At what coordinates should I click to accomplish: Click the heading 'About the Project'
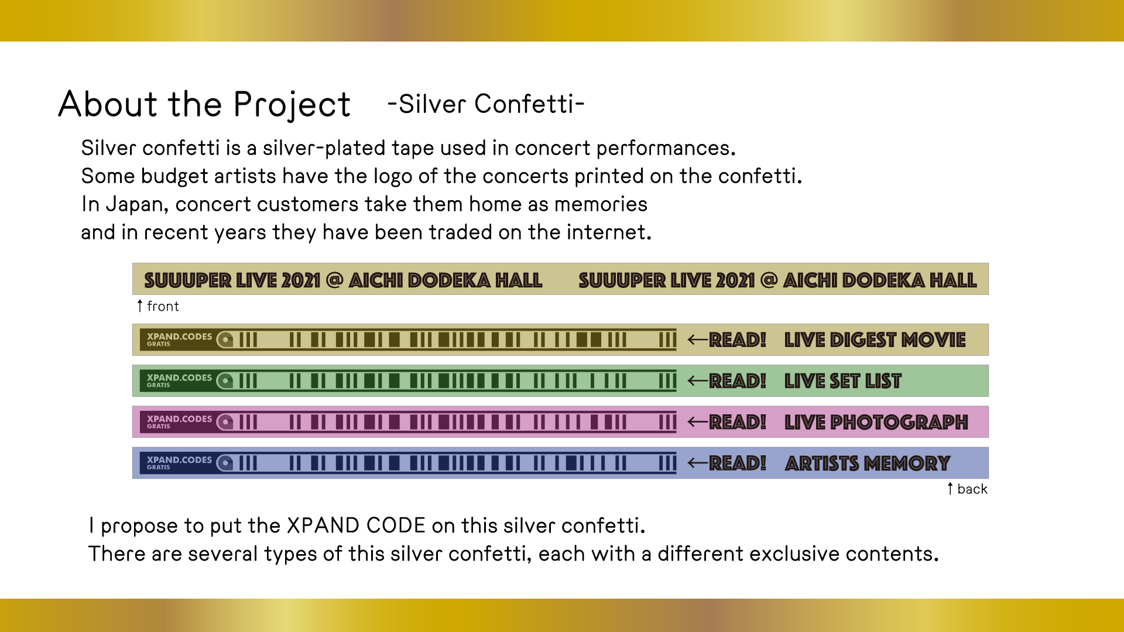pyautogui.click(x=204, y=105)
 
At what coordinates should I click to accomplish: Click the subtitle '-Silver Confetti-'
pyautogui.click(x=486, y=104)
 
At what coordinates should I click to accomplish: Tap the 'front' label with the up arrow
pyautogui.click(x=158, y=306)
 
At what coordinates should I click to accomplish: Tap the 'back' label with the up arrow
pyautogui.click(x=967, y=489)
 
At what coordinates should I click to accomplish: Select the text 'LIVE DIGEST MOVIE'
pyautogui.click(x=875, y=340)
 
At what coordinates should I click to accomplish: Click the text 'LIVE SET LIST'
pyautogui.click(x=843, y=381)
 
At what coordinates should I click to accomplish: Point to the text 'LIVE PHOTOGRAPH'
pyautogui.click(x=876, y=422)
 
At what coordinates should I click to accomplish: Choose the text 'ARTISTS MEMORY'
pyautogui.click(x=868, y=463)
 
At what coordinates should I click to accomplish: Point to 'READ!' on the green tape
pyautogui.click(x=738, y=381)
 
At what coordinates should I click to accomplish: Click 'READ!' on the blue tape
pyautogui.click(x=738, y=463)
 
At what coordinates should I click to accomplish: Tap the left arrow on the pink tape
pyautogui.click(x=698, y=422)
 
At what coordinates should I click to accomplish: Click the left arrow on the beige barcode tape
pyautogui.click(x=698, y=339)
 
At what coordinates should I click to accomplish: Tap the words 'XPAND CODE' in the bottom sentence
pyautogui.click(x=356, y=525)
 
